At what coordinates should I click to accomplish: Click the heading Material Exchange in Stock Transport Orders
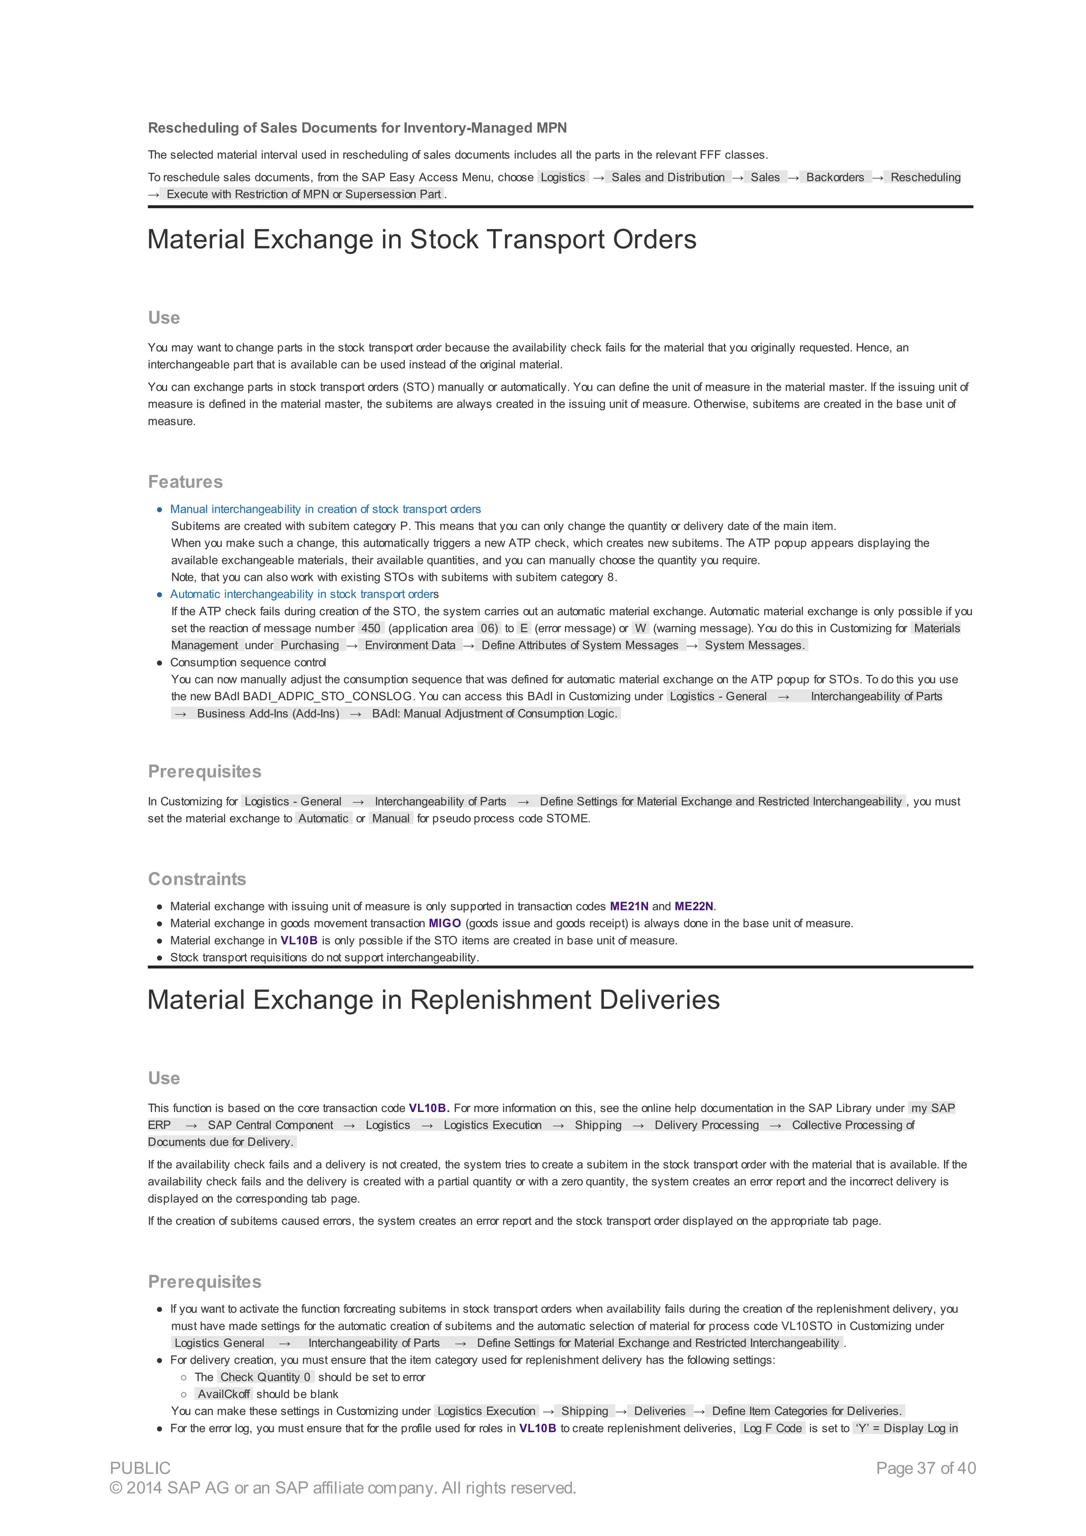(x=422, y=240)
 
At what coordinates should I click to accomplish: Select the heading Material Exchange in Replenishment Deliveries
(x=433, y=1000)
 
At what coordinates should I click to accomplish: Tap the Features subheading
(x=186, y=482)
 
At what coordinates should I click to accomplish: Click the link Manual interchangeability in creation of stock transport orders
(x=325, y=509)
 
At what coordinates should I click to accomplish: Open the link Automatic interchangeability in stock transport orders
(x=304, y=594)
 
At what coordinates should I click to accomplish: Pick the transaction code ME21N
(x=629, y=906)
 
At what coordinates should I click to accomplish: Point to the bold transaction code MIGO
(x=444, y=923)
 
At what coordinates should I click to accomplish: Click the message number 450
(x=371, y=628)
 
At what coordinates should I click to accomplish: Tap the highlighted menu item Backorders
(x=835, y=177)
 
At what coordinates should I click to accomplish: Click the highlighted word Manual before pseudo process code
(x=391, y=818)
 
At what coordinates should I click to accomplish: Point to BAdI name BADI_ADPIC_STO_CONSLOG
(x=327, y=696)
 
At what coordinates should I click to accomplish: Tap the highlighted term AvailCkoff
(x=223, y=1393)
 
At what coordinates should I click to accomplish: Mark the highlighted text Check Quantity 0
(x=265, y=1377)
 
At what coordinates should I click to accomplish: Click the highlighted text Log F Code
(x=772, y=1428)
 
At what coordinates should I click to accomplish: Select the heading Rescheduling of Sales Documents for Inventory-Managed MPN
(x=357, y=128)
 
